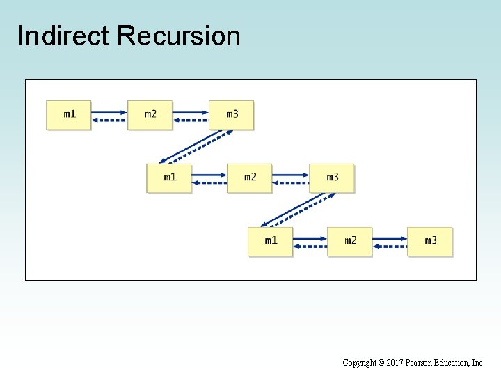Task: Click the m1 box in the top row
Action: tap(68, 114)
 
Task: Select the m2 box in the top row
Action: tap(150, 114)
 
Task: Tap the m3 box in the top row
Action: tap(231, 114)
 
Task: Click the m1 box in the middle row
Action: tap(169, 178)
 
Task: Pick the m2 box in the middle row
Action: tap(250, 178)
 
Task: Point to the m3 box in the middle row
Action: tap(332, 178)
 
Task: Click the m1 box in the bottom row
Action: tap(270, 241)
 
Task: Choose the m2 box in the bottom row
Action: tap(350, 241)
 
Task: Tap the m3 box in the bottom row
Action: tap(430, 241)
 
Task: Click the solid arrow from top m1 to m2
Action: tap(109, 111)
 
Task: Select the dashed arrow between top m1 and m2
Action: tap(109, 120)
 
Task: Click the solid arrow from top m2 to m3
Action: tap(190, 111)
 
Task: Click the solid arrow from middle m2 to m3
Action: tap(290, 175)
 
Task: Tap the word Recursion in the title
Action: tap(179, 36)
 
